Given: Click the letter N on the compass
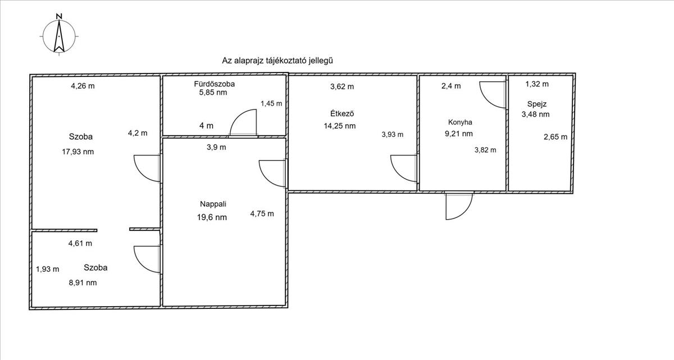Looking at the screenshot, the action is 60,16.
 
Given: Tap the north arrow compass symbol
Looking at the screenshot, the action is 59,36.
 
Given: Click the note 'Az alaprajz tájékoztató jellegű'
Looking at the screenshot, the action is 277,61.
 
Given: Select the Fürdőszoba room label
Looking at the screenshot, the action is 214,84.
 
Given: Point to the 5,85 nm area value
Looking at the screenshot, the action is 213,92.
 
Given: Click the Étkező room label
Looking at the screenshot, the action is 342,113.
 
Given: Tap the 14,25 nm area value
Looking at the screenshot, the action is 340,126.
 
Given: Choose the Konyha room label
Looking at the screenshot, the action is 460,122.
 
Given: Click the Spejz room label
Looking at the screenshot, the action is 537,104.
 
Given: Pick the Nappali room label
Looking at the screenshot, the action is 213,204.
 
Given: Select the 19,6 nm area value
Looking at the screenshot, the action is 212,217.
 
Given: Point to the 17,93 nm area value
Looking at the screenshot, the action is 78,152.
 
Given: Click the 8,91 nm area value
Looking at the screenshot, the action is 83,282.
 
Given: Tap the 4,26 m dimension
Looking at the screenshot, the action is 83,86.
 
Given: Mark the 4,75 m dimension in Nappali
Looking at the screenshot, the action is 262,213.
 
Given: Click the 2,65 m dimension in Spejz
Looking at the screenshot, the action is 555,137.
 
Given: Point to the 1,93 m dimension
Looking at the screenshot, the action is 48,269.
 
